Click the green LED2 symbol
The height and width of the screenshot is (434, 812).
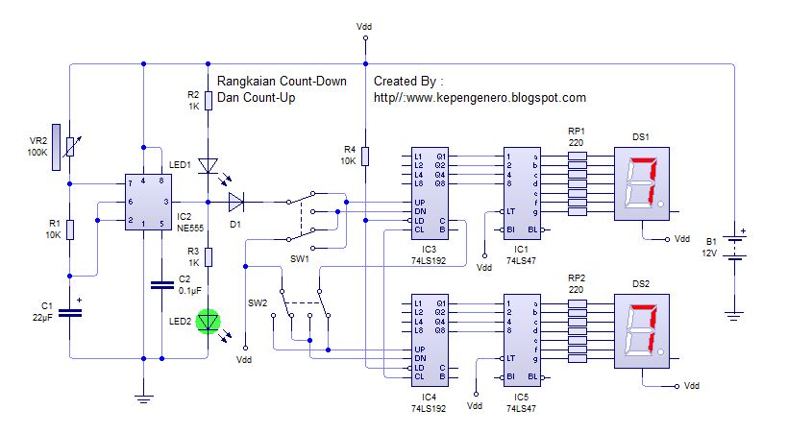pyautogui.click(x=208, y=322)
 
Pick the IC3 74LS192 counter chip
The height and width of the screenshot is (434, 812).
pyautogui.click(x=429, y=192)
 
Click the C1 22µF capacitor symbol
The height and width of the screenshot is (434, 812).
pyautogui.click(x=69, y=311)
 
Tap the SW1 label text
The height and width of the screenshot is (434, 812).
pyautogui.click(x=299, y=259)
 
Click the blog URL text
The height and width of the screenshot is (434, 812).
pyautogui.click(x=480, y=98)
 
